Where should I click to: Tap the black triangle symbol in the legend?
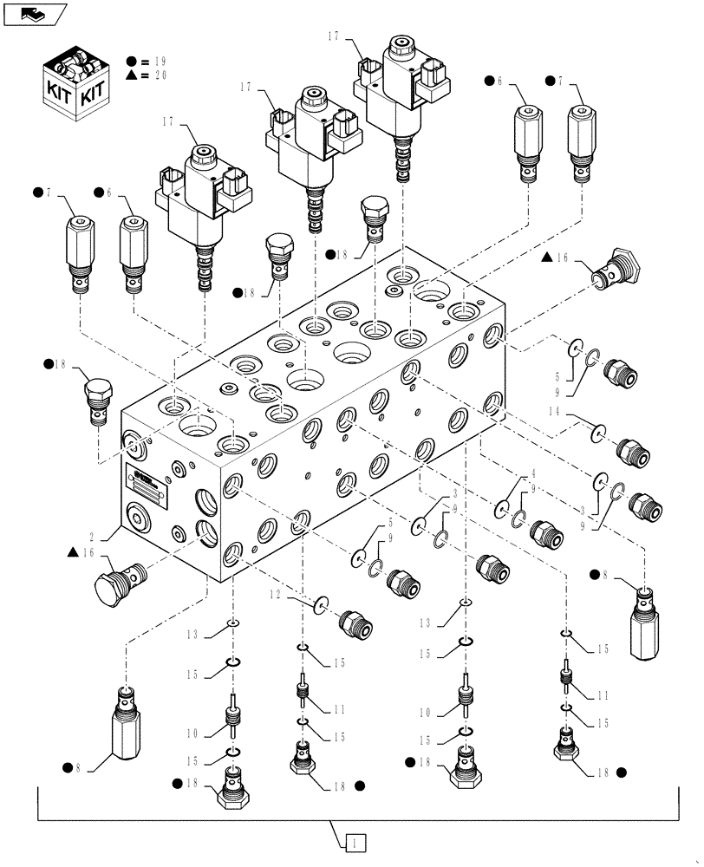point(131,75)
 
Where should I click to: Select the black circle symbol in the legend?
point(131,61)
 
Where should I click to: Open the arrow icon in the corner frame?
point(34,13)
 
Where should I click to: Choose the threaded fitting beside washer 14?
point(630,451)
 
